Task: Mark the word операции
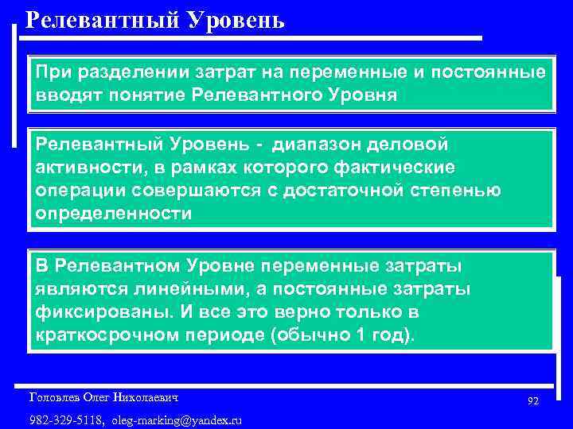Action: click(x=77, y=191)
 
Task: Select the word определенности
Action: click(x=114, y=214)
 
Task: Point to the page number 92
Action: click(x=533, y=402)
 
